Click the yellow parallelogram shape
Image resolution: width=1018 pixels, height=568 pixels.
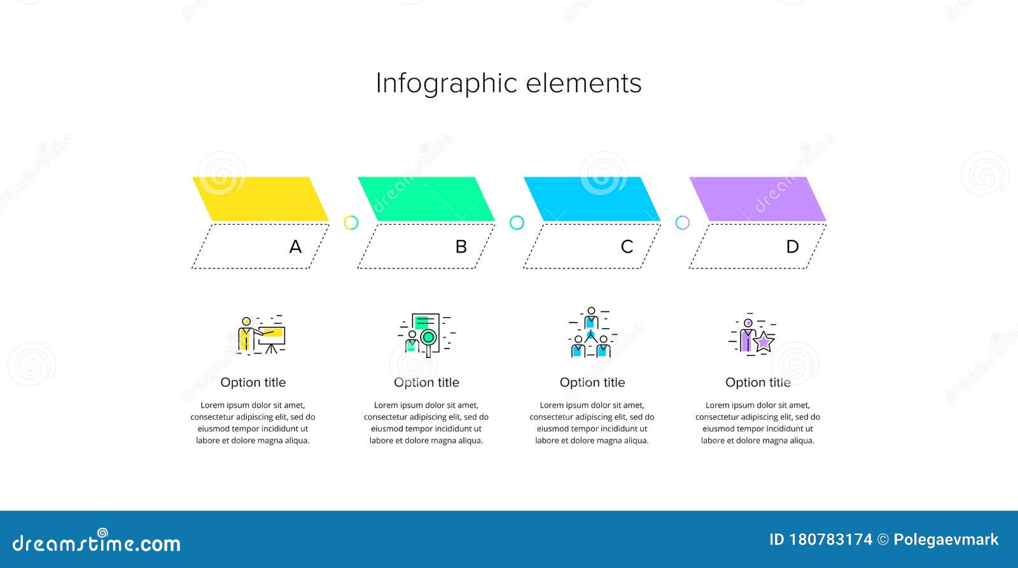click(260, 199)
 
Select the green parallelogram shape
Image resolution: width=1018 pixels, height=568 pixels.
click(426, 199)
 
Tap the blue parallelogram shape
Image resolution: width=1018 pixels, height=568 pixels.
click(592, 199)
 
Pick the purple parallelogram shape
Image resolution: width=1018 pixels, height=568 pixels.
click(757, 199)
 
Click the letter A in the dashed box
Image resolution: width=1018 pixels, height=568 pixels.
click(295, 247)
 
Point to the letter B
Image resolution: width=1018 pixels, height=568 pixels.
click(461, 247)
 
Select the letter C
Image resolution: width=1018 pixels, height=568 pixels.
click(627, 247)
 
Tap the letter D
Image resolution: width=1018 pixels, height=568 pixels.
click(792, 247)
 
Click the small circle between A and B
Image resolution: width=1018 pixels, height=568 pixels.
click(351, 223)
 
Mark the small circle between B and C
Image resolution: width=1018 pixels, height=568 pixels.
click(517, 223)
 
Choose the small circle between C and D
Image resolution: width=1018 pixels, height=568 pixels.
click(682, 223)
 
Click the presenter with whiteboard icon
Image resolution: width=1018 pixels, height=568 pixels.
click(261, 335)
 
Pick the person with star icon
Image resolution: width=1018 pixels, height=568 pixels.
click(752, 335)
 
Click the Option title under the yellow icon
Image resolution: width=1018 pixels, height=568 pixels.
click(253, 382)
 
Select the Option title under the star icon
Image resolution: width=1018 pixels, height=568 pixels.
click(758, 382)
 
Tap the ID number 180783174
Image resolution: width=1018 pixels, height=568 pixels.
click(830, 540)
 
